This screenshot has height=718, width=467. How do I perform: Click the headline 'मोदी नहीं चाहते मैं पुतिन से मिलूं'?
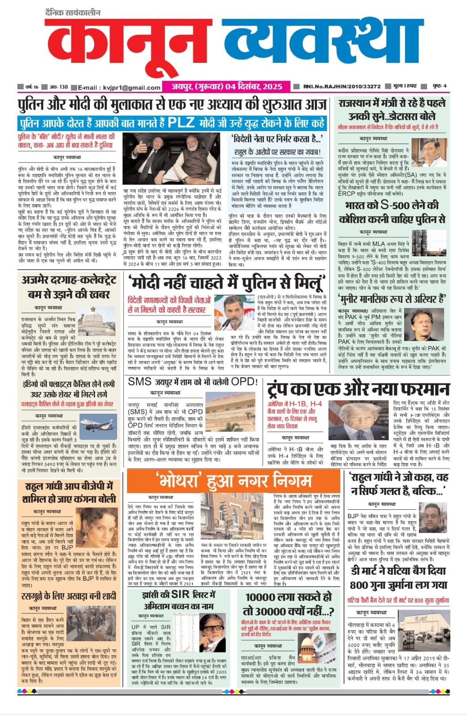click(x=225, y=283)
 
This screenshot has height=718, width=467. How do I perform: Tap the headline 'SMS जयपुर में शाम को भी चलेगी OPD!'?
click(x=193, y=382)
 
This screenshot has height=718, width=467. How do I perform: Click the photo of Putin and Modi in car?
click(x=172, y=158)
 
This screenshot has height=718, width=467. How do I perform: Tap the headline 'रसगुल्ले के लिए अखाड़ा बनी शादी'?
click(x=69, y=596)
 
